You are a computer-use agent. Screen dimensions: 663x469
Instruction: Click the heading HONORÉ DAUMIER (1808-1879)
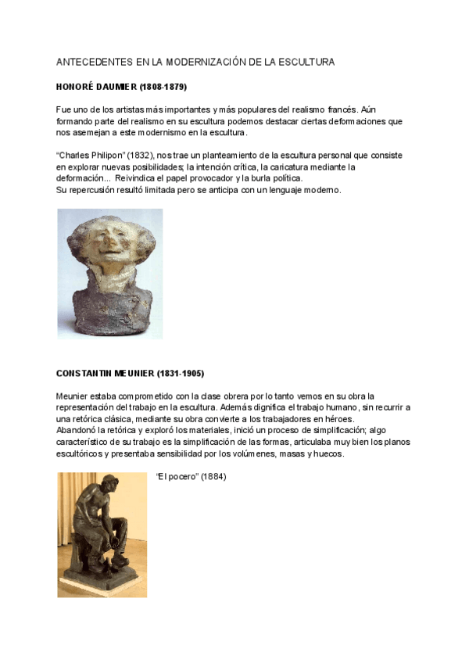click(121, 85)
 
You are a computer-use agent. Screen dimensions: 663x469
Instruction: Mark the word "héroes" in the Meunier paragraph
click(338, 419)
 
